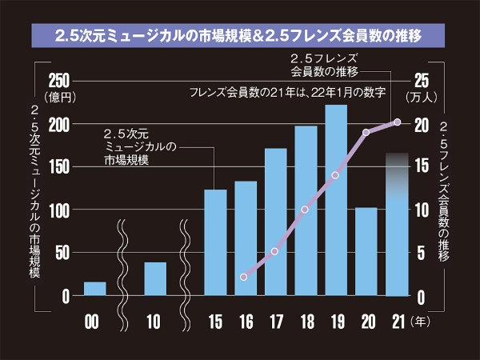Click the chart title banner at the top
coord(239,35)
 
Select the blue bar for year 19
coord(335,200)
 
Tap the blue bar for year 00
coord(94,288)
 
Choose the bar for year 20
coord(366,251)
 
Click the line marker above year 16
coord(244,277)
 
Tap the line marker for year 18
coord(305,210)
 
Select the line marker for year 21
coord(397,122)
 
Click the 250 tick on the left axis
coord(60,80)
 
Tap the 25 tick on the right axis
coord(422,80)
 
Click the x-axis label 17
coord(274,322)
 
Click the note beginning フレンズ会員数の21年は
coord(288,94)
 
